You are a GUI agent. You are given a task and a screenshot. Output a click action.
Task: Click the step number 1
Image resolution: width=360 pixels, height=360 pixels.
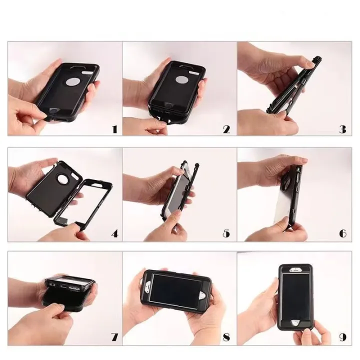coord(114,129)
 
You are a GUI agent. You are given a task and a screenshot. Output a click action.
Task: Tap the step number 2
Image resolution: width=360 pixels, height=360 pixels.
coord(226,129)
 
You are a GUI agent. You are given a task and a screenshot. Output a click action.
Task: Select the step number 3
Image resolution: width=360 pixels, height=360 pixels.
coord(342,129)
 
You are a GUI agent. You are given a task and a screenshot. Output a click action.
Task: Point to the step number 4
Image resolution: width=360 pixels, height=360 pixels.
coord(114,233)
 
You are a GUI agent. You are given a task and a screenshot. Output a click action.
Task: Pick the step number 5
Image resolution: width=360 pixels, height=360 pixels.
coord(226,233)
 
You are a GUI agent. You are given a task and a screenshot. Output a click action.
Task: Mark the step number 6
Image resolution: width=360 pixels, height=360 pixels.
coord(342,233)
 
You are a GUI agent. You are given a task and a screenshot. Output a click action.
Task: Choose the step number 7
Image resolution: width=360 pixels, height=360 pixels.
coord(114,337)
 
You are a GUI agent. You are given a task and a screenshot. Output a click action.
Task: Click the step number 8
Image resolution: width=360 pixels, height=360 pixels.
coord(226,337)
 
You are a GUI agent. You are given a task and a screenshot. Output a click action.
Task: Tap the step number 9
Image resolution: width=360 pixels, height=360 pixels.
coord(342,337)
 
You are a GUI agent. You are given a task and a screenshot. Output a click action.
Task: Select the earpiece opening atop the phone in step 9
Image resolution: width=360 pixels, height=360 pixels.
coord(295,270)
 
